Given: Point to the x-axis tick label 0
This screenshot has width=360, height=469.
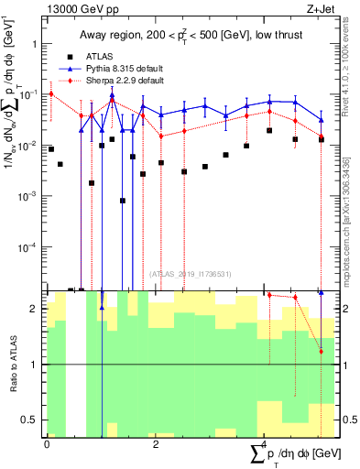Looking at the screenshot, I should tap(47, 444).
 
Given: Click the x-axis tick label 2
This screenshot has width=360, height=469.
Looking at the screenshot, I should tap(156, 444).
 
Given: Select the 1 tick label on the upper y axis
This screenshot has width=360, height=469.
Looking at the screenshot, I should tap(36, 43).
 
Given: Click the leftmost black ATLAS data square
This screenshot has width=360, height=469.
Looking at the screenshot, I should tap(51, 148).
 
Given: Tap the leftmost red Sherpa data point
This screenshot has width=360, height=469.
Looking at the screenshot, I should tap(51, 93).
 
